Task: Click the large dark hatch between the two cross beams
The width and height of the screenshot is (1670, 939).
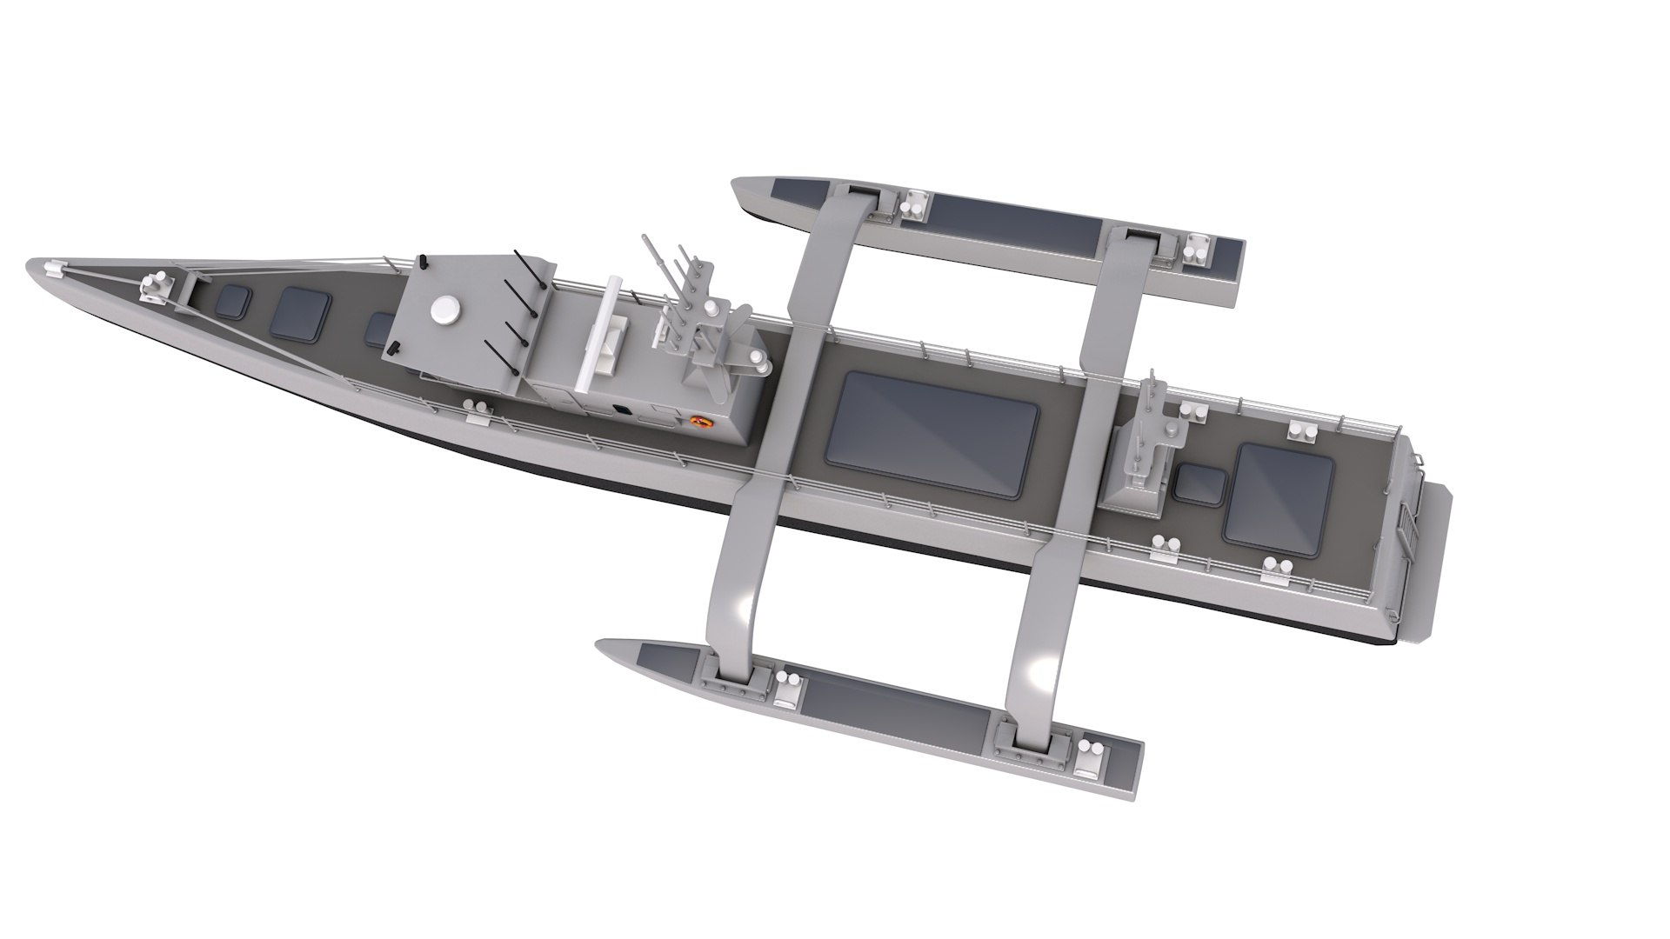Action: tap(932, 434)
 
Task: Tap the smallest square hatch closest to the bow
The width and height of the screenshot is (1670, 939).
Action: tap(233, 301)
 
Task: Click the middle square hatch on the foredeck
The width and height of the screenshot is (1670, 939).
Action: tap(301, 314)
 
